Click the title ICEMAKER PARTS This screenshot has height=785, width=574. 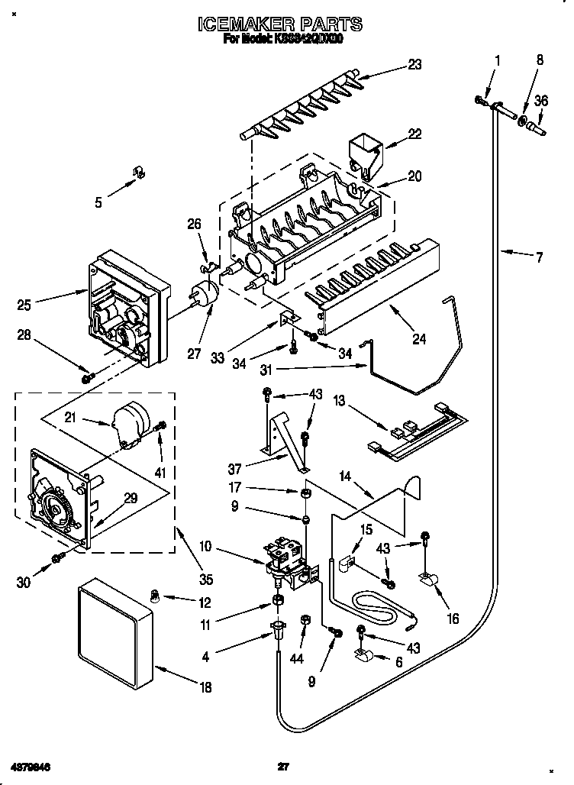pyautogui.click(x=280, y=25)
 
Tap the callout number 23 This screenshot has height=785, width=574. pyautogui.click(x=414, y=65)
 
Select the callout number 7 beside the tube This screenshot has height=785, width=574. pyautogui.click(x=539, y=258)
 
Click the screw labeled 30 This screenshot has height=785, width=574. pyautogui.click(x=56, y=560)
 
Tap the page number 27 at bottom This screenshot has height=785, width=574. pyautogui.click(x=283, y=765)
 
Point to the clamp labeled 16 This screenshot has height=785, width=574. pyautogui.click(x=429, y=583)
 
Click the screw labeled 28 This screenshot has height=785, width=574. pyautogui.click(x=87, y=376)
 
